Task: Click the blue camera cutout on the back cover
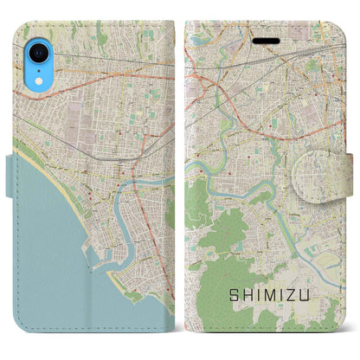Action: (x=41, y=51)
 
